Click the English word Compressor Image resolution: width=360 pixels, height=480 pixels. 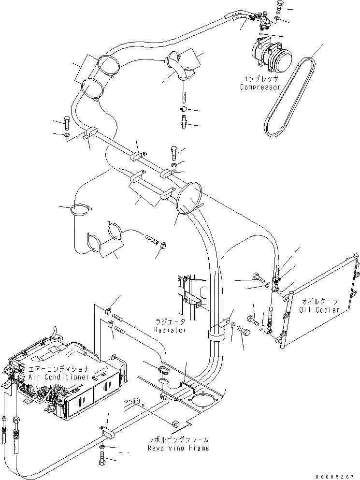(x=260, y=87)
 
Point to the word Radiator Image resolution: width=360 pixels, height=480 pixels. (x=170, y=330)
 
